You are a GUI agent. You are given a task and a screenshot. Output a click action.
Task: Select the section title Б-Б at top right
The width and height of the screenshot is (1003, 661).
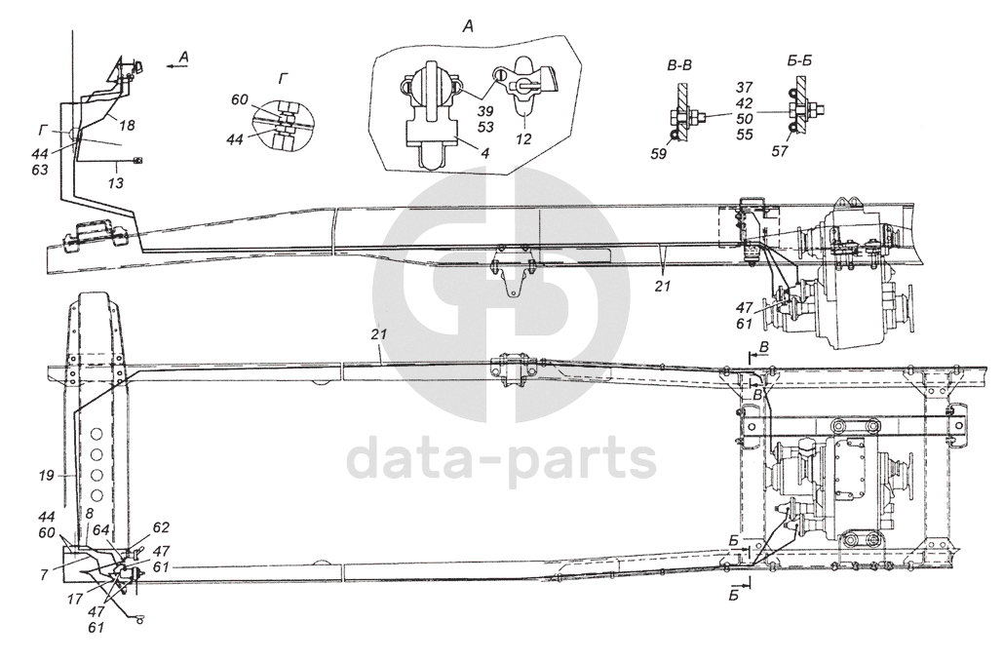799,61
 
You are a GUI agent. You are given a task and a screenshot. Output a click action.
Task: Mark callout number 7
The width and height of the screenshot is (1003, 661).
46,574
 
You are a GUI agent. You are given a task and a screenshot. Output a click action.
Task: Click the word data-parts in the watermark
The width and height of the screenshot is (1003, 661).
501,458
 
